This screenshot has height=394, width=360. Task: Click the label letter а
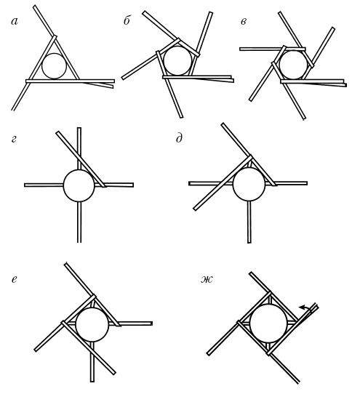pyautogui.click(x=15, y=22)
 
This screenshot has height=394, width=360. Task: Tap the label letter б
pyautogui.click(x=127, y=20)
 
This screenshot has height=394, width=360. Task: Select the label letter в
pyautogui.click(x=244, y=22)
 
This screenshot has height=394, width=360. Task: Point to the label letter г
pyautogui.click(x=14, y=139)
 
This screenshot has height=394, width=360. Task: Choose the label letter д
pyautogui.click(x=179, y=137)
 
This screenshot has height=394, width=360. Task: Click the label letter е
pyautogui.click(x=15, y=279)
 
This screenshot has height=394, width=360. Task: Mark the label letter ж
pyautogui.click(x=207, y=279)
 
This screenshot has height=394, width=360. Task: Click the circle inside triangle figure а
pyautogui.click(x=54, y=66)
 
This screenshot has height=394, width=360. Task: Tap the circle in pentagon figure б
pyautogui.click(x=177, y=60)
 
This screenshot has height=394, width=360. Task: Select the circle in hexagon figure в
pyautogui.click(x=293, y=65)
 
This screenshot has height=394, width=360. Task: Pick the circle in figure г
pyautogui.click(x=79, y=185)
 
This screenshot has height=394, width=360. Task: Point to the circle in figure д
pyautogui.click(x=249, y=184)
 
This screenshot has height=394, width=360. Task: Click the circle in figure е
pyautogui.click(x=92, y=325)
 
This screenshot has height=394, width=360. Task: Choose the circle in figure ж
pyautogui.click(x=268, y=323)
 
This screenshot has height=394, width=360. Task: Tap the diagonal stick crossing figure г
pyautogui.click(x=81, y=159)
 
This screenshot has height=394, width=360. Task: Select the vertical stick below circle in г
pyautogui.click(x=79, y=222)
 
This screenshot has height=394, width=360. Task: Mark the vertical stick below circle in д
pyautogui.click(x=249, y=222)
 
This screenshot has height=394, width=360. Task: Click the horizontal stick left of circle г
pyautogui.click(x=44, y=185)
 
